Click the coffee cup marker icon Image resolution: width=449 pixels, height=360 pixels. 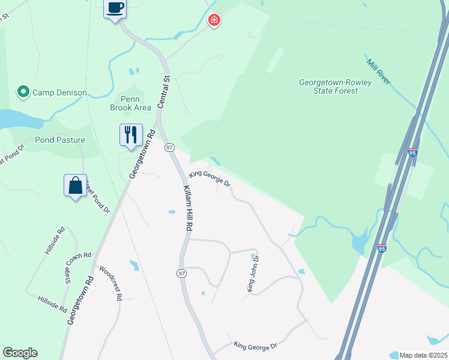(x=115, y=8)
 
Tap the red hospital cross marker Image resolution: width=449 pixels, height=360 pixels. (x=214, y=21)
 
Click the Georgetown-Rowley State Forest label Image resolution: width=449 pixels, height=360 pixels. (x=335, y=86)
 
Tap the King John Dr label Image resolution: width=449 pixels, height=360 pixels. (x=253, y=274)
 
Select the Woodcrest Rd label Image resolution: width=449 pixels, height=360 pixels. (x=111, y=283)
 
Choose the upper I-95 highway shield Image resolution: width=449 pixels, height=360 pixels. (x=412, y=152)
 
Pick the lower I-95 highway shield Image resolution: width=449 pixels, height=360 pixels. (x=382, y=247)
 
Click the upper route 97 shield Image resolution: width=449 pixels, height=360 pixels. (x=170, y=148)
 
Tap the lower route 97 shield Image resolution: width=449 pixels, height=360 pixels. (x=181, y=273)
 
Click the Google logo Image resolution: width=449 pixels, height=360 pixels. (x=20, y=353)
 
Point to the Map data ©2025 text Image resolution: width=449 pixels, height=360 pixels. (x=423, y=355)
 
